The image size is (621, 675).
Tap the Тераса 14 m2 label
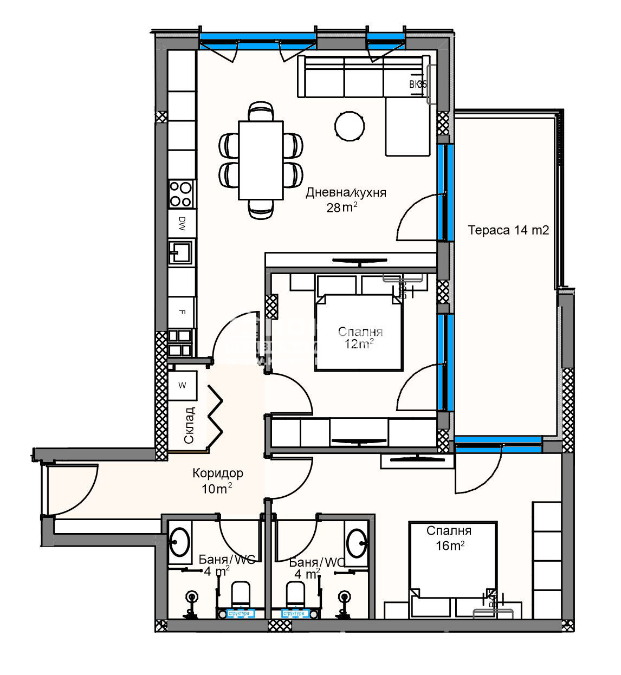click(508, 231)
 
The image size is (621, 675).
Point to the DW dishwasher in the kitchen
click(181, 223)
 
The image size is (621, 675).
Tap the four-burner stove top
click(181, 194)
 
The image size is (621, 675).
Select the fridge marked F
click(181, 313)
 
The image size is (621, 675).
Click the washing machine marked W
click(182, 385)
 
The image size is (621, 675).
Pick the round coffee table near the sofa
click(350, 126)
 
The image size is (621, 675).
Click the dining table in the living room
click(261, 160)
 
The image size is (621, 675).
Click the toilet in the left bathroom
click(240, 593)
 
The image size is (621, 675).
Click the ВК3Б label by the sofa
click(417, 85)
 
